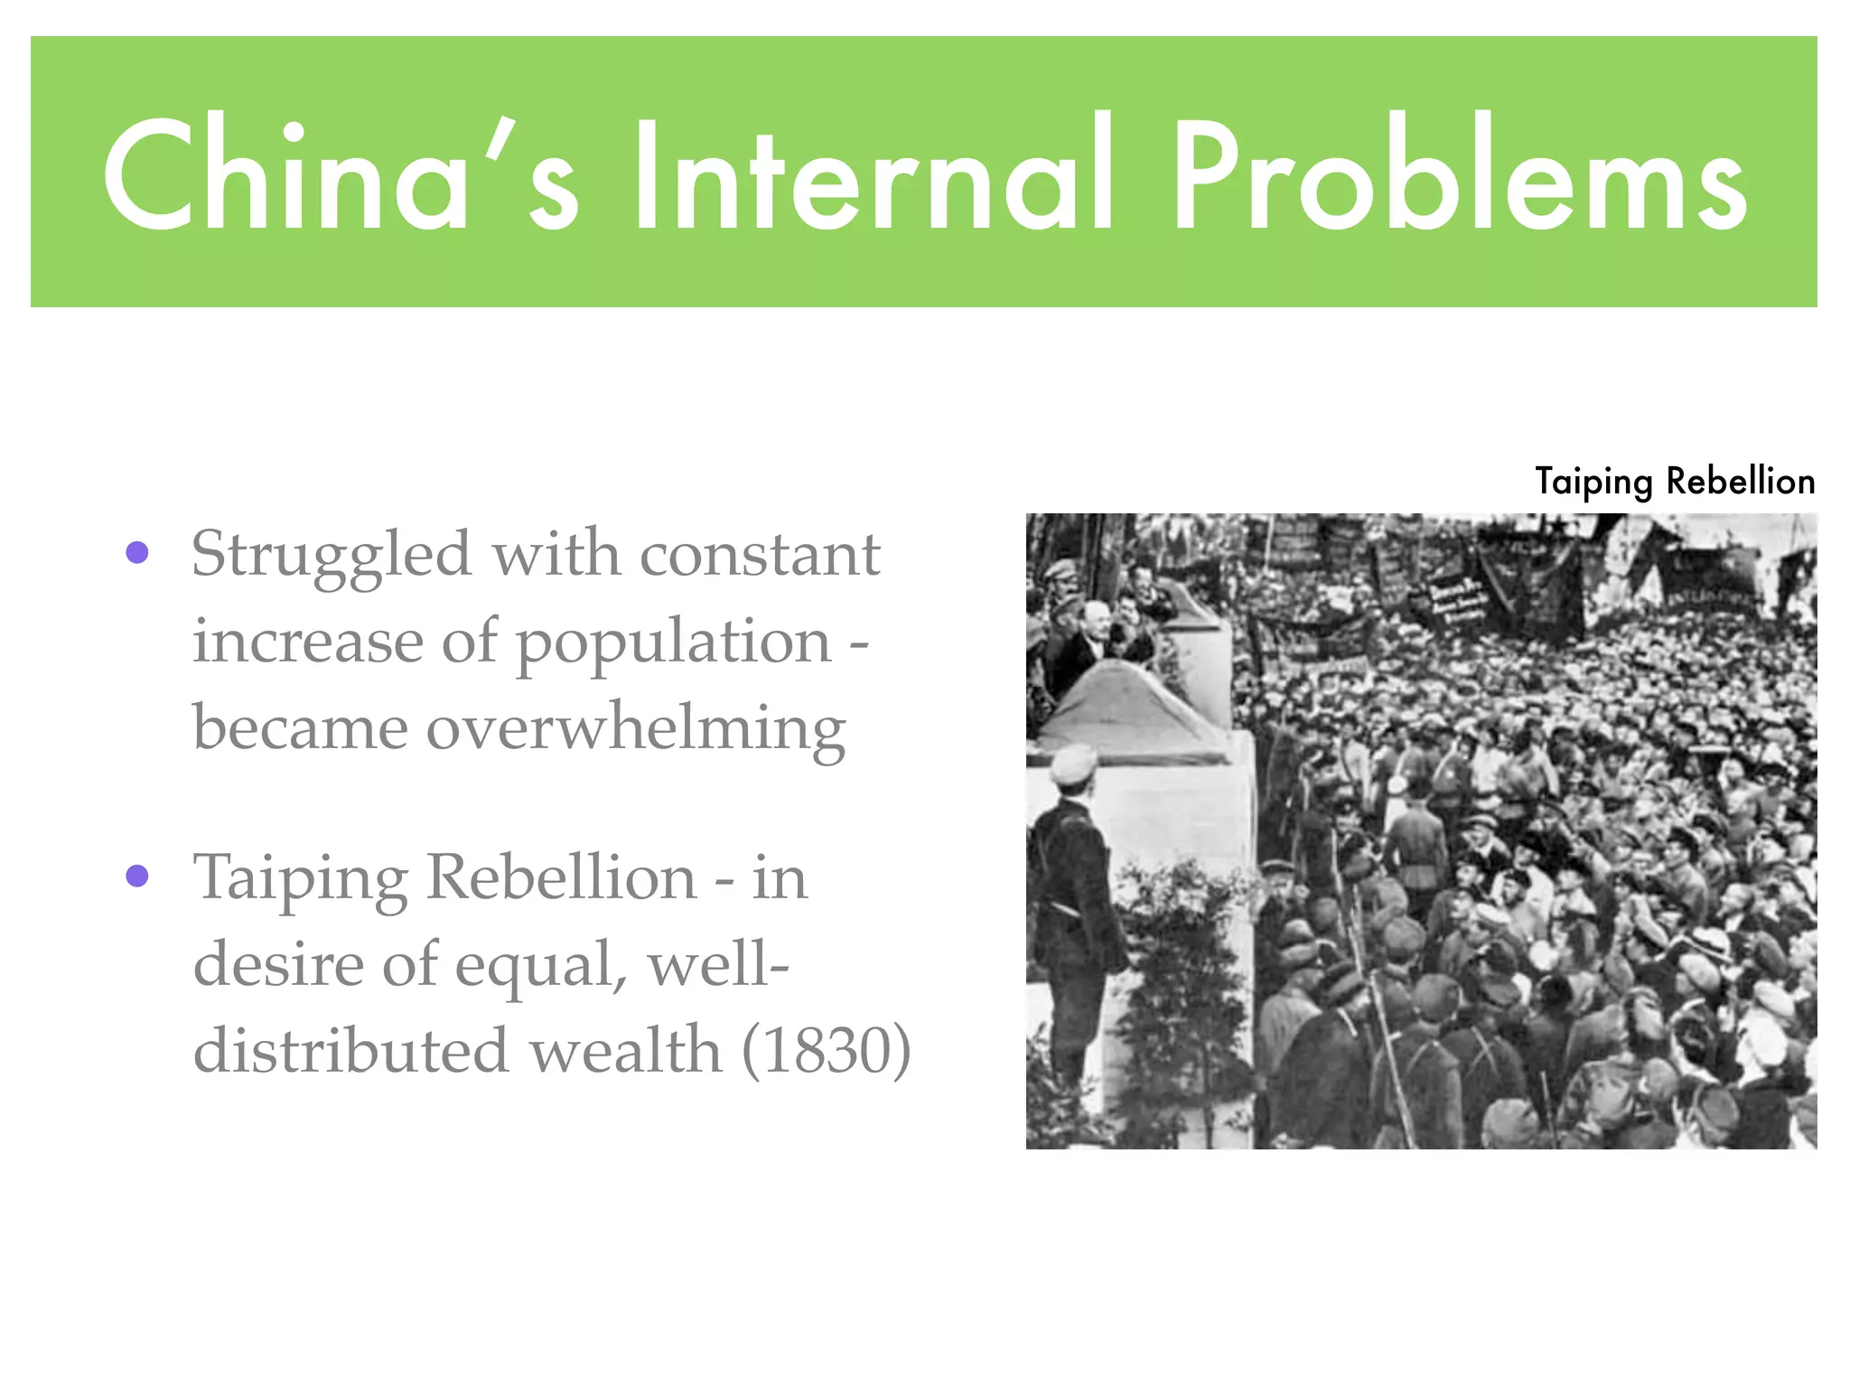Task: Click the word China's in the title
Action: point(340,174)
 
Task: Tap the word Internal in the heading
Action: point(873,174)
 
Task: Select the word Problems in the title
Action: point(1459,174)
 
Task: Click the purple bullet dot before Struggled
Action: point(137,552)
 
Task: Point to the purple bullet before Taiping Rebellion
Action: point(137,875)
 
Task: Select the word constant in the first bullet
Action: point(760,554)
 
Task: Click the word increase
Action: point(307,642)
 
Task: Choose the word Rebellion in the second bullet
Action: point(561,877)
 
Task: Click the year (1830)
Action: point(826,1051)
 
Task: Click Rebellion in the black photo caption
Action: point(1740,481)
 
